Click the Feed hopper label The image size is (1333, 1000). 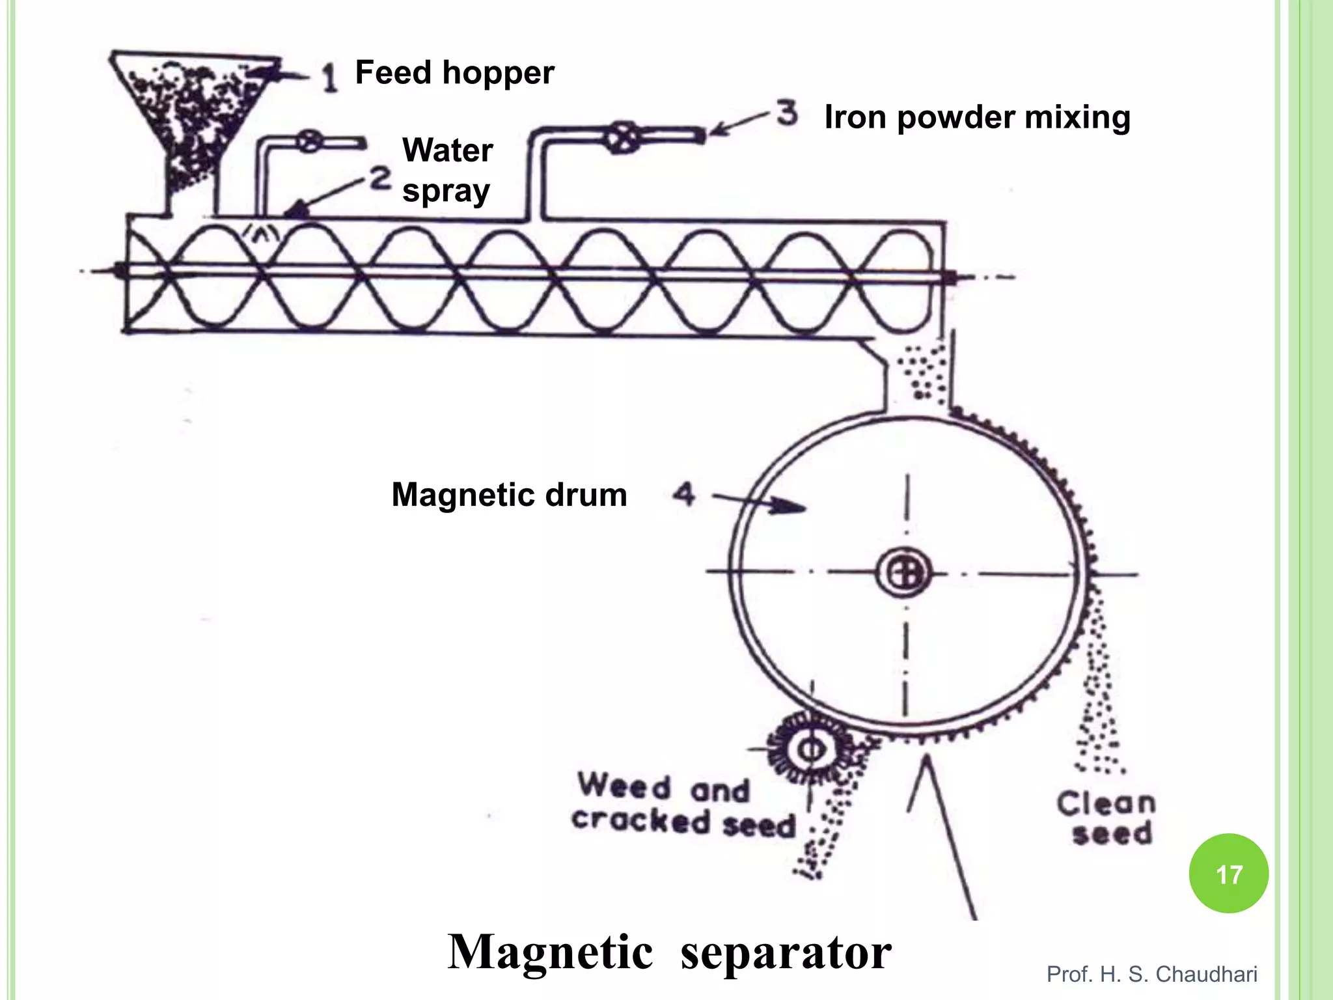point(454,72)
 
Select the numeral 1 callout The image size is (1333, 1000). point(330,77)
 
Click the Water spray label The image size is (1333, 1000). point(447,170)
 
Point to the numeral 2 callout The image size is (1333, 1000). point(381,178)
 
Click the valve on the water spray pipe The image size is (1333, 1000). point(309,142)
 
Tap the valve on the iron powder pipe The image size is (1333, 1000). point(623,137)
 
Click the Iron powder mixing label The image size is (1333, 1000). point(977,118)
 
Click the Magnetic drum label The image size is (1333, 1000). point(509,495)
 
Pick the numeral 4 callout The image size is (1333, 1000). point(683,494)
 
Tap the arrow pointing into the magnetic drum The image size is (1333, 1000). point(762,502)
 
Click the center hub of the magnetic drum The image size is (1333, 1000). point(904,574)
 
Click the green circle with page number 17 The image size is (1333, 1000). point(1228,874)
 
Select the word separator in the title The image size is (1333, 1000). point(786,952)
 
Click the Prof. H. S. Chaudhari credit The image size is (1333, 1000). point(1151,974)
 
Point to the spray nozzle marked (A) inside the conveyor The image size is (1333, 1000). point(262,233)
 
